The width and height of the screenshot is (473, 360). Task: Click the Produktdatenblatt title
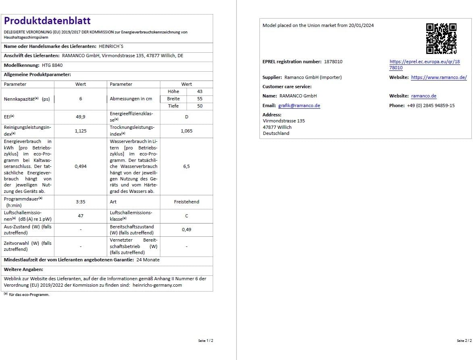[47, 21]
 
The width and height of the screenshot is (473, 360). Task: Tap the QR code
[441, 39]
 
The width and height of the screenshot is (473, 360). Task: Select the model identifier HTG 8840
[52, 65]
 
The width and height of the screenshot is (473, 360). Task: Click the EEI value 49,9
[81, 117]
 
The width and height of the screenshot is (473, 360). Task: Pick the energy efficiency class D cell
[187, 117]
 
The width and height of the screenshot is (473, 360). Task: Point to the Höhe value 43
[200, 92]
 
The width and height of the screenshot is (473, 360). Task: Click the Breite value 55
[200, 99]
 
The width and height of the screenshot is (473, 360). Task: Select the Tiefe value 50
[200, 106]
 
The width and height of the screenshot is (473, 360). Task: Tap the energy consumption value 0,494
[81, 166]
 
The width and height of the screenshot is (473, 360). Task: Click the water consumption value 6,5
[187, 166]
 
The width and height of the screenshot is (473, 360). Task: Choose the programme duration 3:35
[81, 202]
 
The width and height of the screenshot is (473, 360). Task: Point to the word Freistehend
[187, 202]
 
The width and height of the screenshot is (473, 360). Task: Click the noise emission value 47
[81, 216]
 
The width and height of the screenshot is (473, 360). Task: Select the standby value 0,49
[187, 230]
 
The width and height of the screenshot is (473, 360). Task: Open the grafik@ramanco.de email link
[299, 106]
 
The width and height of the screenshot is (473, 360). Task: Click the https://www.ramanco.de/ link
[439, 77]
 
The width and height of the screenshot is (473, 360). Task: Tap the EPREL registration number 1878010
[333, 62]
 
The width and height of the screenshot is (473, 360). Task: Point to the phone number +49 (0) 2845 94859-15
[431, 106]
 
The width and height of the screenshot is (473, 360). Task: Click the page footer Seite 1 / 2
[205, 341]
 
